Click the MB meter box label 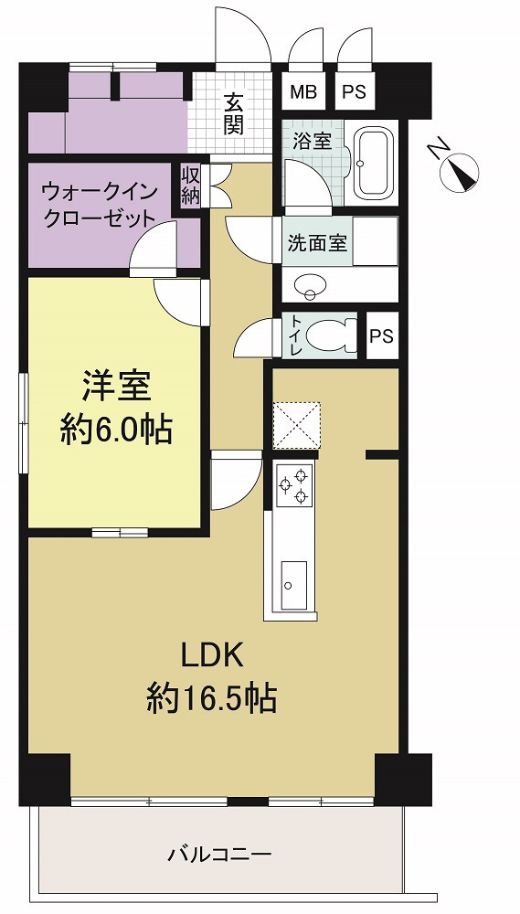coord(303,92)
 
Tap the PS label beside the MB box coord(355,92)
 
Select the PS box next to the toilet coord(382,336)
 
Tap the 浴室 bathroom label coord(313,141)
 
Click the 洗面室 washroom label coord(317,242)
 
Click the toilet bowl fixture coord(331,336)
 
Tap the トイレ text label coord(296,336)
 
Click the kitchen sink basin coord(293,586)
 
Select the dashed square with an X coord(296,425)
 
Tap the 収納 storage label coord(191,186)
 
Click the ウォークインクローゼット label coord(99,205)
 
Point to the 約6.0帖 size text coord(116,432)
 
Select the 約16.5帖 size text coord(211,698)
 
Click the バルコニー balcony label coord(220,856)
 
